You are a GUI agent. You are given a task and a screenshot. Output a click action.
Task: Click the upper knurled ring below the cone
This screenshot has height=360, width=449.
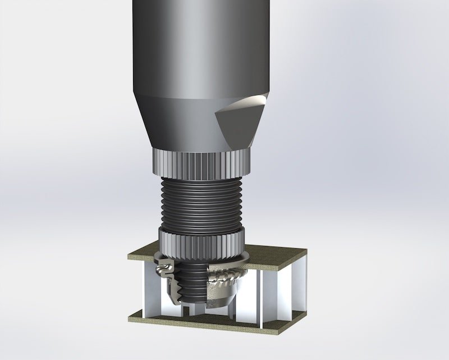click(199, 163)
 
